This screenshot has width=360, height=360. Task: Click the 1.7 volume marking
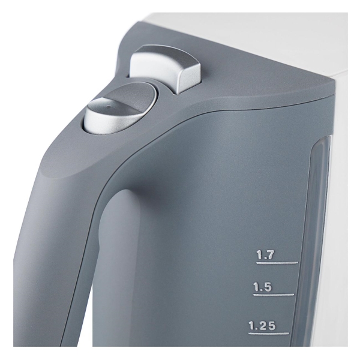pos(265,255)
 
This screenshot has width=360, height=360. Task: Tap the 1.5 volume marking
pos(262,287)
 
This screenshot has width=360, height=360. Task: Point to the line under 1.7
pos(277,263)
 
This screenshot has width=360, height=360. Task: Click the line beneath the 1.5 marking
pos(274,295)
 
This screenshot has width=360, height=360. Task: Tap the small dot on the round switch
pos(109,106)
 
